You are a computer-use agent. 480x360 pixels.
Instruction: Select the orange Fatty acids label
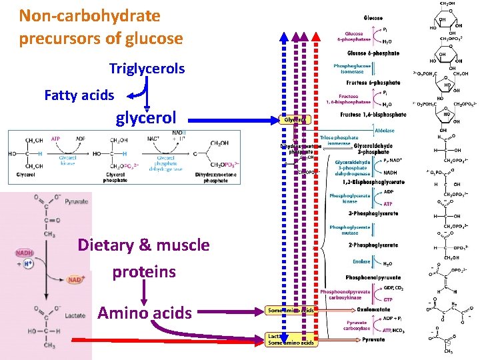pyautogui.click(x=79, y=95)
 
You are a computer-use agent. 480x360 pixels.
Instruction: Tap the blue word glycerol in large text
pyautogui.click(x=146, y=119)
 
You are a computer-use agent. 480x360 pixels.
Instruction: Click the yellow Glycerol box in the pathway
pyautogui.click(x=295, y=120)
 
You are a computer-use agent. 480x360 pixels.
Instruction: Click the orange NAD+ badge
pyautogui.click(x=75, y=279)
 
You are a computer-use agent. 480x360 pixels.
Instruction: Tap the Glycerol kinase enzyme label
pyautogui.click(x=68, y=161)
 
